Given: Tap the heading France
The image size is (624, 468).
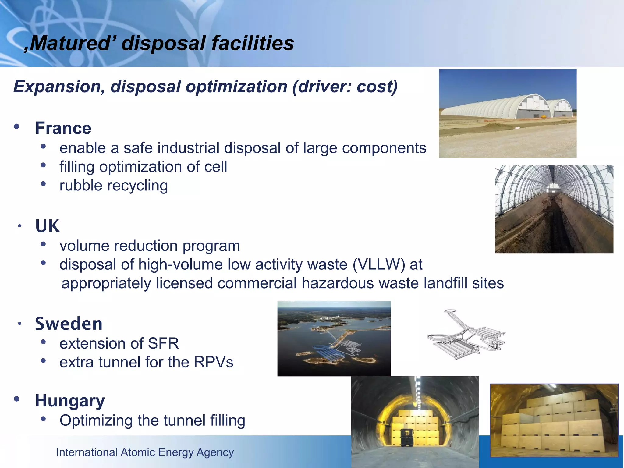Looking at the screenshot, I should point(63,128).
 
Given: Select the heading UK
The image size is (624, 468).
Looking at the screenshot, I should point(47,226).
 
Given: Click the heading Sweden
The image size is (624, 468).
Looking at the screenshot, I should point(69,324).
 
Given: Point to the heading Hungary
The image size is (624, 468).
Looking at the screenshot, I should point(70,401).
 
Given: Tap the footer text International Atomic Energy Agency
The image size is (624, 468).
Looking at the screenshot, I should point(145,452).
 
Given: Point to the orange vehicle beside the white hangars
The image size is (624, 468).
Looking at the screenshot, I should point(543,116).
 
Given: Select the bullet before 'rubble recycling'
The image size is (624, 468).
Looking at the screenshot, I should point(43,184).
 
